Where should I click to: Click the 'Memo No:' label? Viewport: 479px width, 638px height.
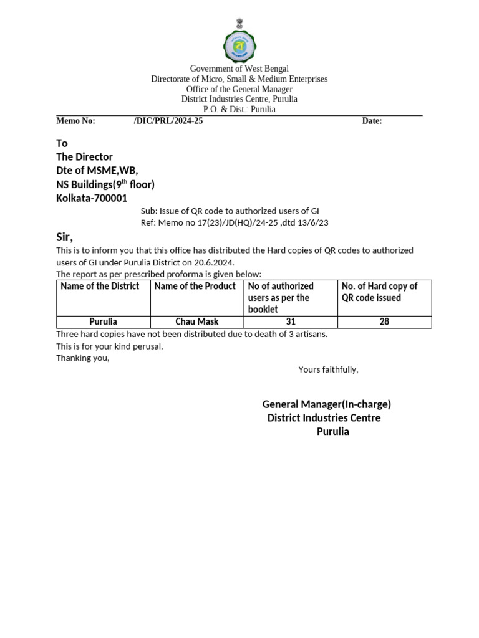point(75,121)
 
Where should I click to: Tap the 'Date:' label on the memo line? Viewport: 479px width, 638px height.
point(372,121)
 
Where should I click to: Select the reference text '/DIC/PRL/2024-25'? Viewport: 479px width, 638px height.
point(168,121)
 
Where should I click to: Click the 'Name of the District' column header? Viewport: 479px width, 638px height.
point(100,286)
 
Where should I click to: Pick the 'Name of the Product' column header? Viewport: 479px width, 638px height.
point(195,286)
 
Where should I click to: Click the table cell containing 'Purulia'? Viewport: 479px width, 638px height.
point(103,322)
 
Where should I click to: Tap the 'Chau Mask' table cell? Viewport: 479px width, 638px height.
point(197,322)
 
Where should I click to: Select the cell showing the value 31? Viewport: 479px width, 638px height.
point(290,322)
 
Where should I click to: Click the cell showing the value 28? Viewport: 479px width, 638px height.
point(384,322)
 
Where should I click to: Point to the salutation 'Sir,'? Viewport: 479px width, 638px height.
point(64,237)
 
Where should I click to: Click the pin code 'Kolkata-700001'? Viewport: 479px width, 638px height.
point(92,198)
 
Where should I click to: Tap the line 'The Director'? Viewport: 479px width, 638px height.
point(84,156)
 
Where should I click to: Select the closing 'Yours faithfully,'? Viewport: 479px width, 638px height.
point(328,369)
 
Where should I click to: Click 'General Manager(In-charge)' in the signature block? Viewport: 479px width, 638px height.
point(326,404)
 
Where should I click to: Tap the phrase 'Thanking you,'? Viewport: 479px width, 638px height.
point(82,358)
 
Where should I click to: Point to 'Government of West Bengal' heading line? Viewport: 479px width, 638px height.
point(239,69)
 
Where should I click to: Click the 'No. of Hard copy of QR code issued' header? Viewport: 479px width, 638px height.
point(379,292)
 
